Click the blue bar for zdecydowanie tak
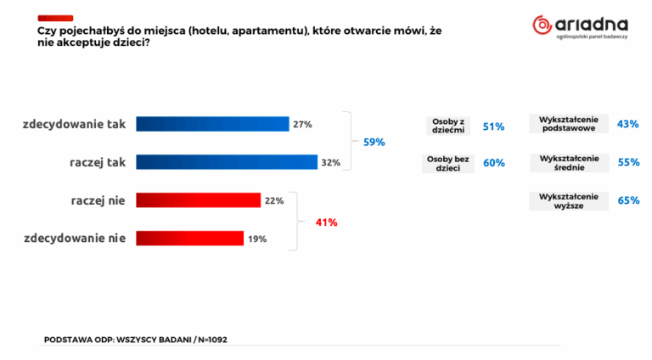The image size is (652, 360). pos(212,124)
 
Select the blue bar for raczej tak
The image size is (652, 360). pos(227,162)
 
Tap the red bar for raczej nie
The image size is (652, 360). pos(198,200)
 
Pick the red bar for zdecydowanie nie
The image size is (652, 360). pos(190,239)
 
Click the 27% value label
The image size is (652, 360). pos(302,125)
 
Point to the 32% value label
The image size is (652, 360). pos(331,162)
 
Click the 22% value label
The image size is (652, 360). pos(273,200)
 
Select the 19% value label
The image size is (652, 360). pos(257,239)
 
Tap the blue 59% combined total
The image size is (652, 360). pos(374,142)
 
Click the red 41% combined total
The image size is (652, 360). pos(327,222)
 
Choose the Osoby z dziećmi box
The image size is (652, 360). pos(448,126)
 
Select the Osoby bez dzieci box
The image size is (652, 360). pos(448,163)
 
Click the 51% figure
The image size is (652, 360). pos(493,127)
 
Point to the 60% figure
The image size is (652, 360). pos(493,163)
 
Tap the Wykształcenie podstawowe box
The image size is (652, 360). pos(568,124)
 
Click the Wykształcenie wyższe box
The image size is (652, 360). pos(568,201)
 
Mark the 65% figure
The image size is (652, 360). pos(628,201)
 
